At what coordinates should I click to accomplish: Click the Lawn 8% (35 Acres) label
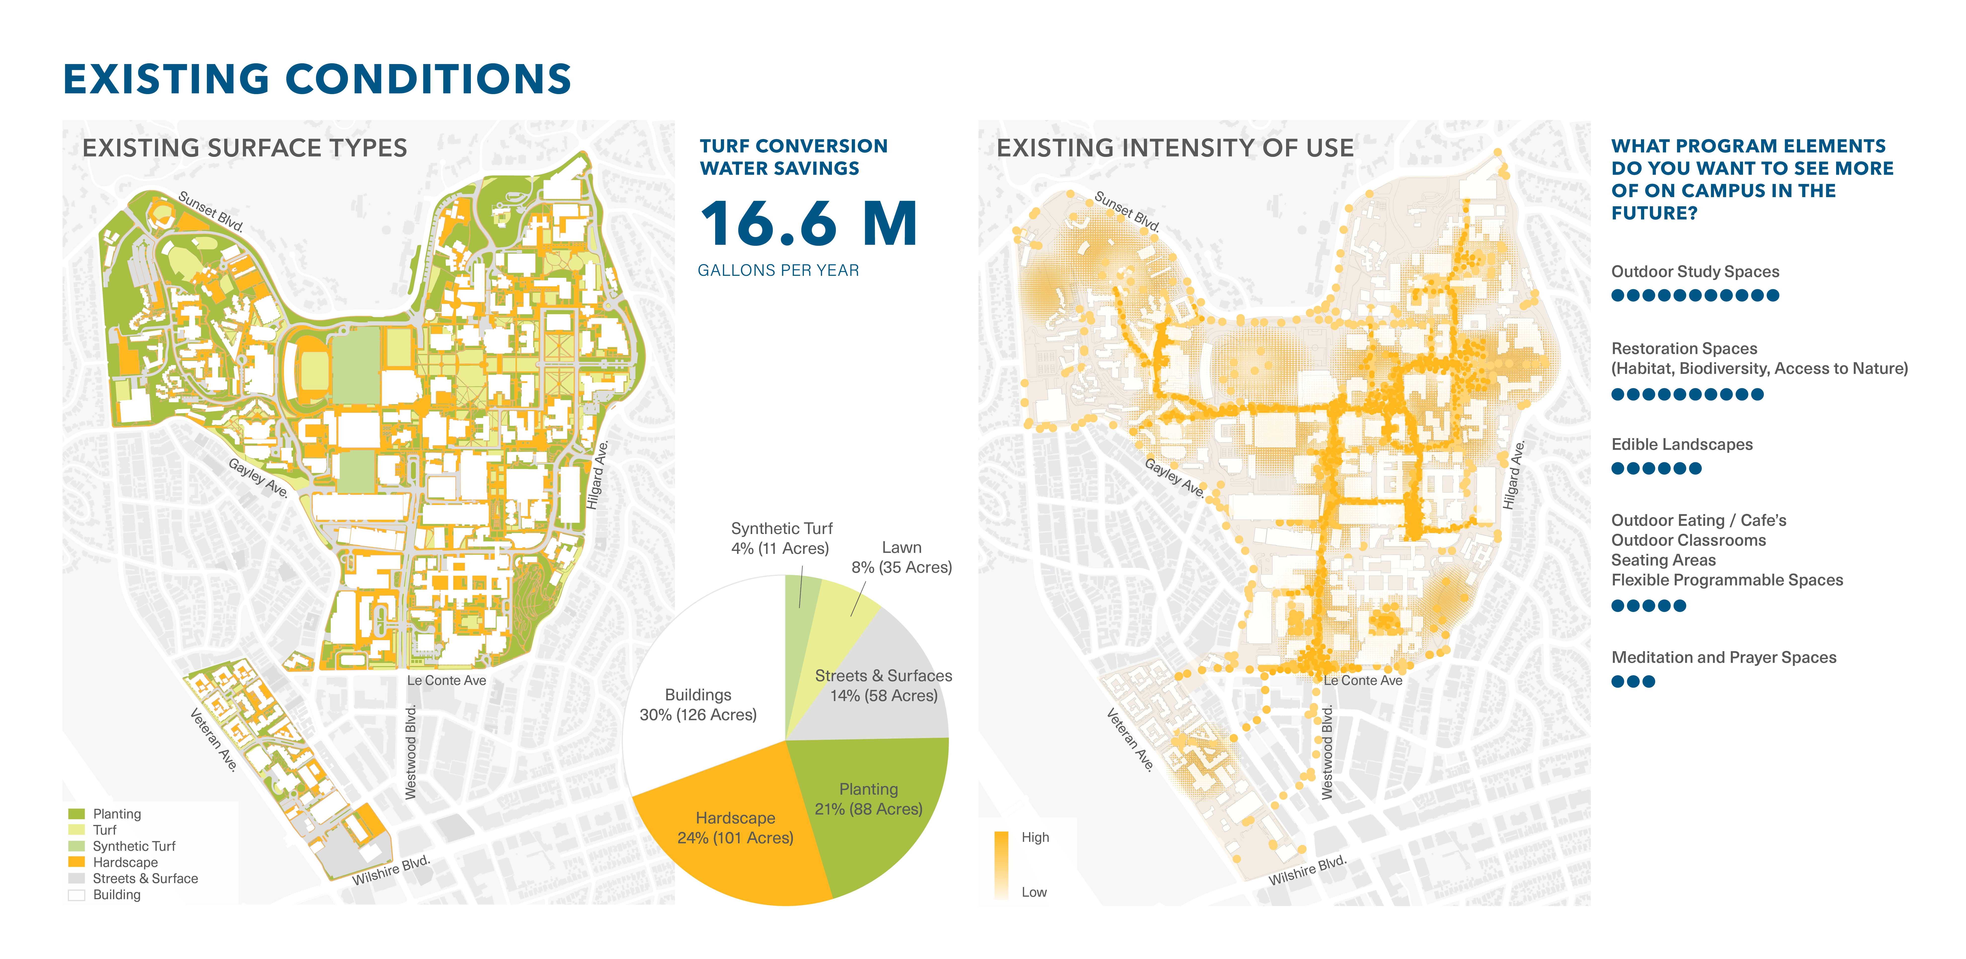click(x=901, y=557)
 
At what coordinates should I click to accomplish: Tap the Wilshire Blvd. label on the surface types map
click(x=391, y=871)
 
